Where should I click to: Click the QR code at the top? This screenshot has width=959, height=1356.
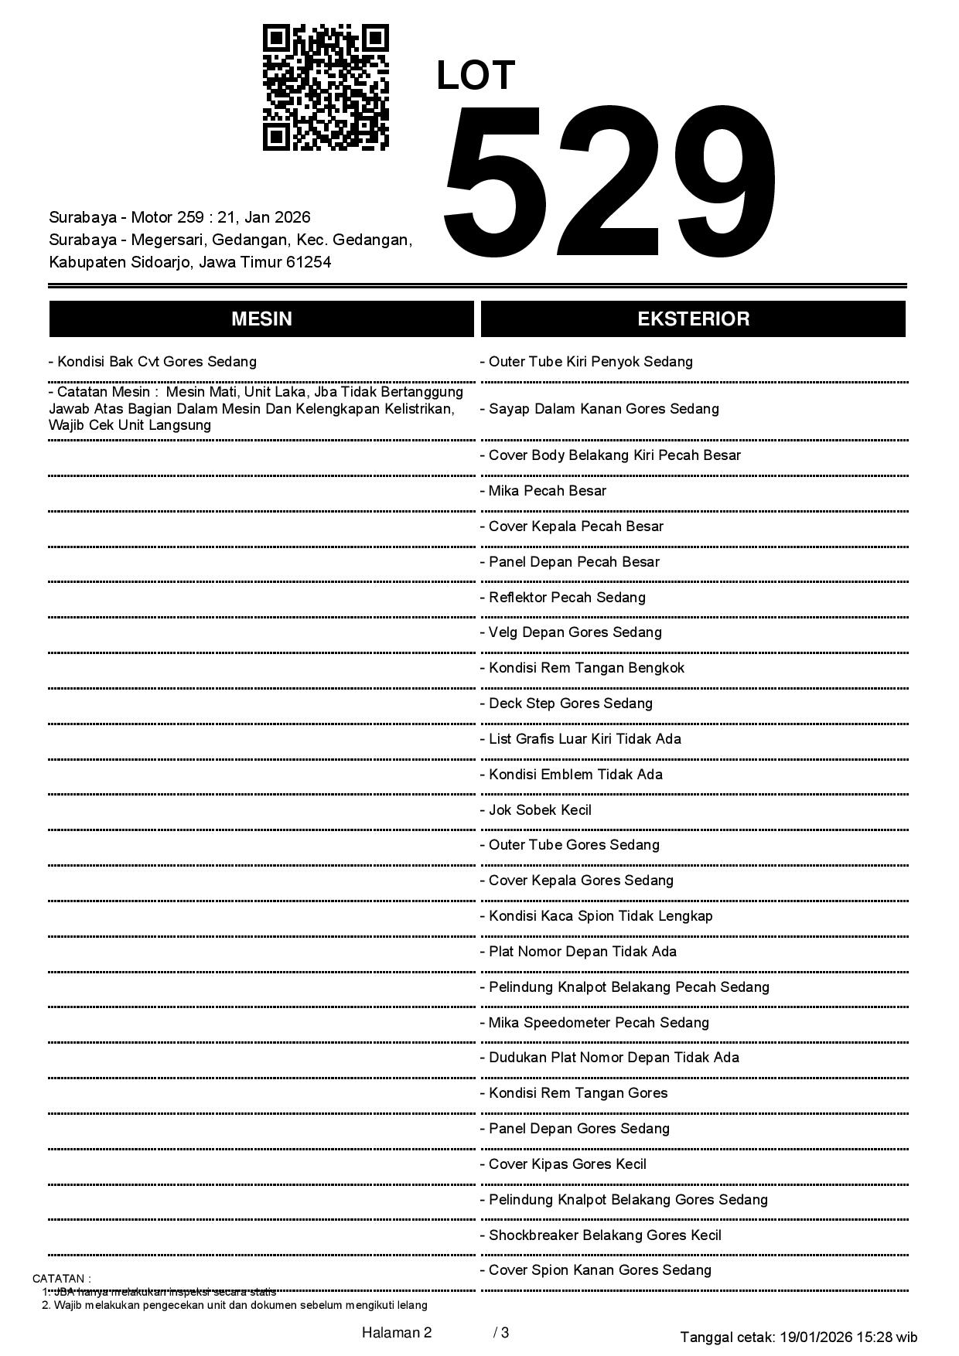coord(326,87)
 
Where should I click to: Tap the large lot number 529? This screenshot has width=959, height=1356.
coord(609,182)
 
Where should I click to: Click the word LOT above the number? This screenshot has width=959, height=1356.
coord(475,76)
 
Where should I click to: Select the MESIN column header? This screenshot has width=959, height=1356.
coord(261,319)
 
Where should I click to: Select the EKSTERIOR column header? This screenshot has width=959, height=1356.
coord(693,319)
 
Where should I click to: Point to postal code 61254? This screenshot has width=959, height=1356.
coord(309,262)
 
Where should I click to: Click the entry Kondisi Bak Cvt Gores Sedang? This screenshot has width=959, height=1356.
coord(152,362)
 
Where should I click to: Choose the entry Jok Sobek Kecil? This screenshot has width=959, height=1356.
coord(540,810)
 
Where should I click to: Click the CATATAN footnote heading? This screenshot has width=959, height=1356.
coord(62,1279)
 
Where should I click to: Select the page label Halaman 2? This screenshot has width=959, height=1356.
coord(397,1332)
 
